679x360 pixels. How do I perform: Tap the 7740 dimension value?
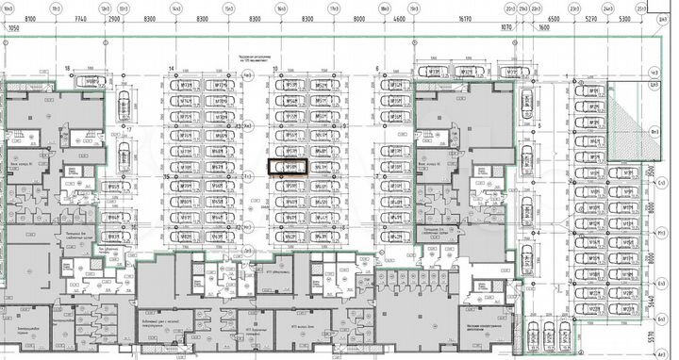coord(79,19)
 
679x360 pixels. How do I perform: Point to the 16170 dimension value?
coord(462,19)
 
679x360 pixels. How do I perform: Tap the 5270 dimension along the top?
coord(591,19)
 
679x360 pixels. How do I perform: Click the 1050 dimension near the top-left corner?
coord(13,29)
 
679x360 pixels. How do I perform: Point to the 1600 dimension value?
coord(544,29)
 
